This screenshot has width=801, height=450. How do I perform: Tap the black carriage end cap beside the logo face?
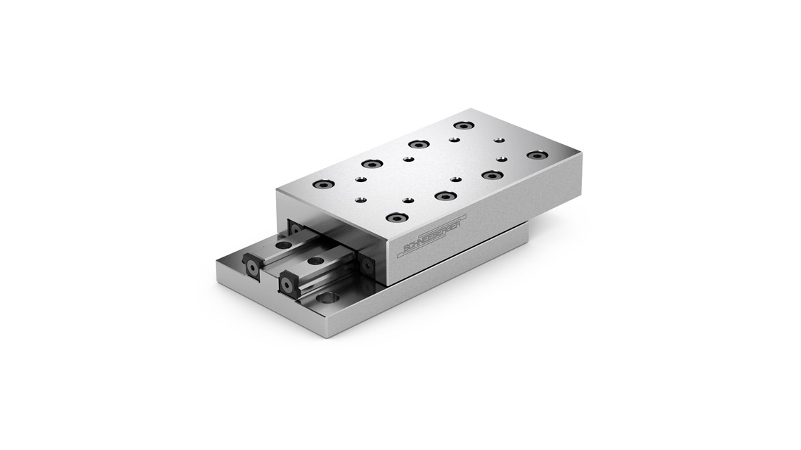pyautogui.click(x=367, y=265)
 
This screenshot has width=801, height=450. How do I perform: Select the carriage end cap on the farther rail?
pyautogui.click(x=295, y=230)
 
